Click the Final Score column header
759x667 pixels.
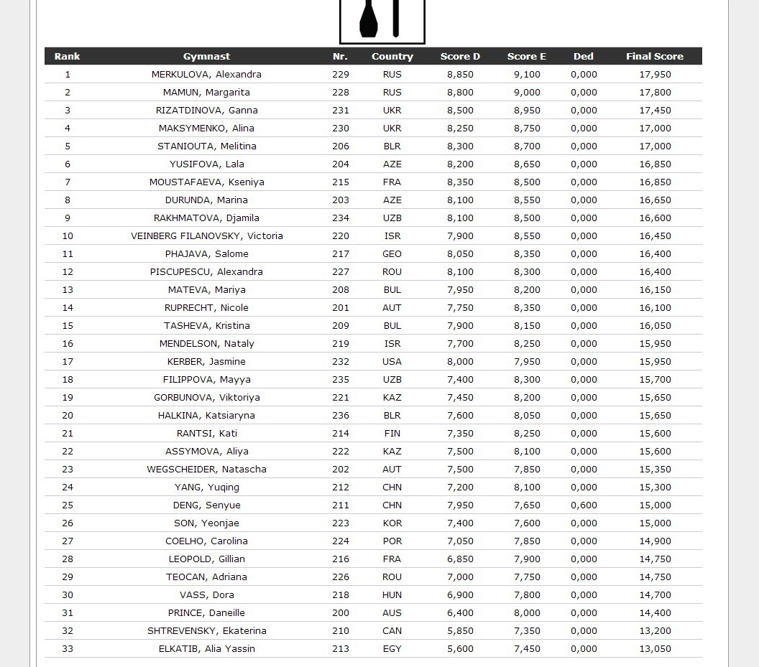tap(654, 57)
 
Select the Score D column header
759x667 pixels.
tap(460, 57)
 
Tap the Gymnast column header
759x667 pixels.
tap(206, 57)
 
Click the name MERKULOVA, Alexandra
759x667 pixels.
tap(206, 75)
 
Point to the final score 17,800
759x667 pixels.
tap(655, 93)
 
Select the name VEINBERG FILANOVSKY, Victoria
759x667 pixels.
tap(207, 236)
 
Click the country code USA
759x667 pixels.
tap(392, 362)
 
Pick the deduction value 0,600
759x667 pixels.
tap(584, 505)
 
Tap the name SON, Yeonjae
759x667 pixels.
tap(206, 523)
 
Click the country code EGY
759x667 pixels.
tap(392, 649)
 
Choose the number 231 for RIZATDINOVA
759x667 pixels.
tap(341, 111)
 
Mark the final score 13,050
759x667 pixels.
tap(655, 649)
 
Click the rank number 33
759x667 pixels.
tap(68, 649)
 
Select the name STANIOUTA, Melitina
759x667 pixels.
tap(207, 146)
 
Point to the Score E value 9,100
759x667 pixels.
tap(527, 75)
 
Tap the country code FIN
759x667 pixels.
tap(392, 434)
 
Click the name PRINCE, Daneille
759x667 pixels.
tap(206, 613)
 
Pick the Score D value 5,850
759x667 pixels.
tap(460, 631)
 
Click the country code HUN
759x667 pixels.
tap(392, 595)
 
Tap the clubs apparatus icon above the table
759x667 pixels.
tap(382, 19)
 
